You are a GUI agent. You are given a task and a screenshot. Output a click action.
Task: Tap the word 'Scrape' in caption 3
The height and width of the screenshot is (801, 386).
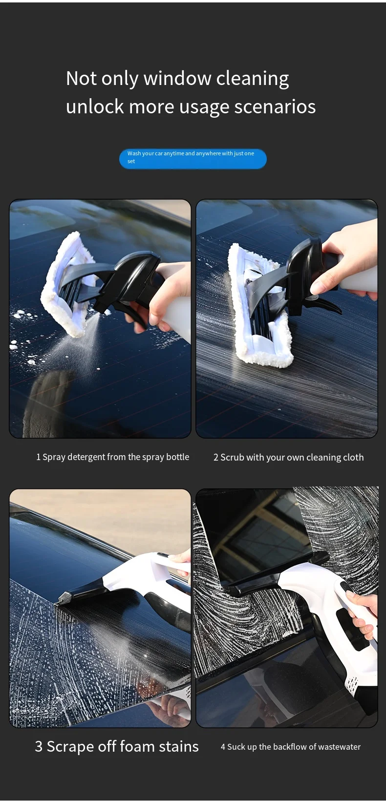70,746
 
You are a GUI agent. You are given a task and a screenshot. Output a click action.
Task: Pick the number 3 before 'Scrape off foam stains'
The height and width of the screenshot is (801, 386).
39,746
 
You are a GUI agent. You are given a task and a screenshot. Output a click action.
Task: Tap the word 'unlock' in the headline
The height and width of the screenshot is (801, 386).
93,107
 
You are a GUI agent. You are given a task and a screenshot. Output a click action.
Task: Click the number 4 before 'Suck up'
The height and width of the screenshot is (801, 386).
223,747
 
